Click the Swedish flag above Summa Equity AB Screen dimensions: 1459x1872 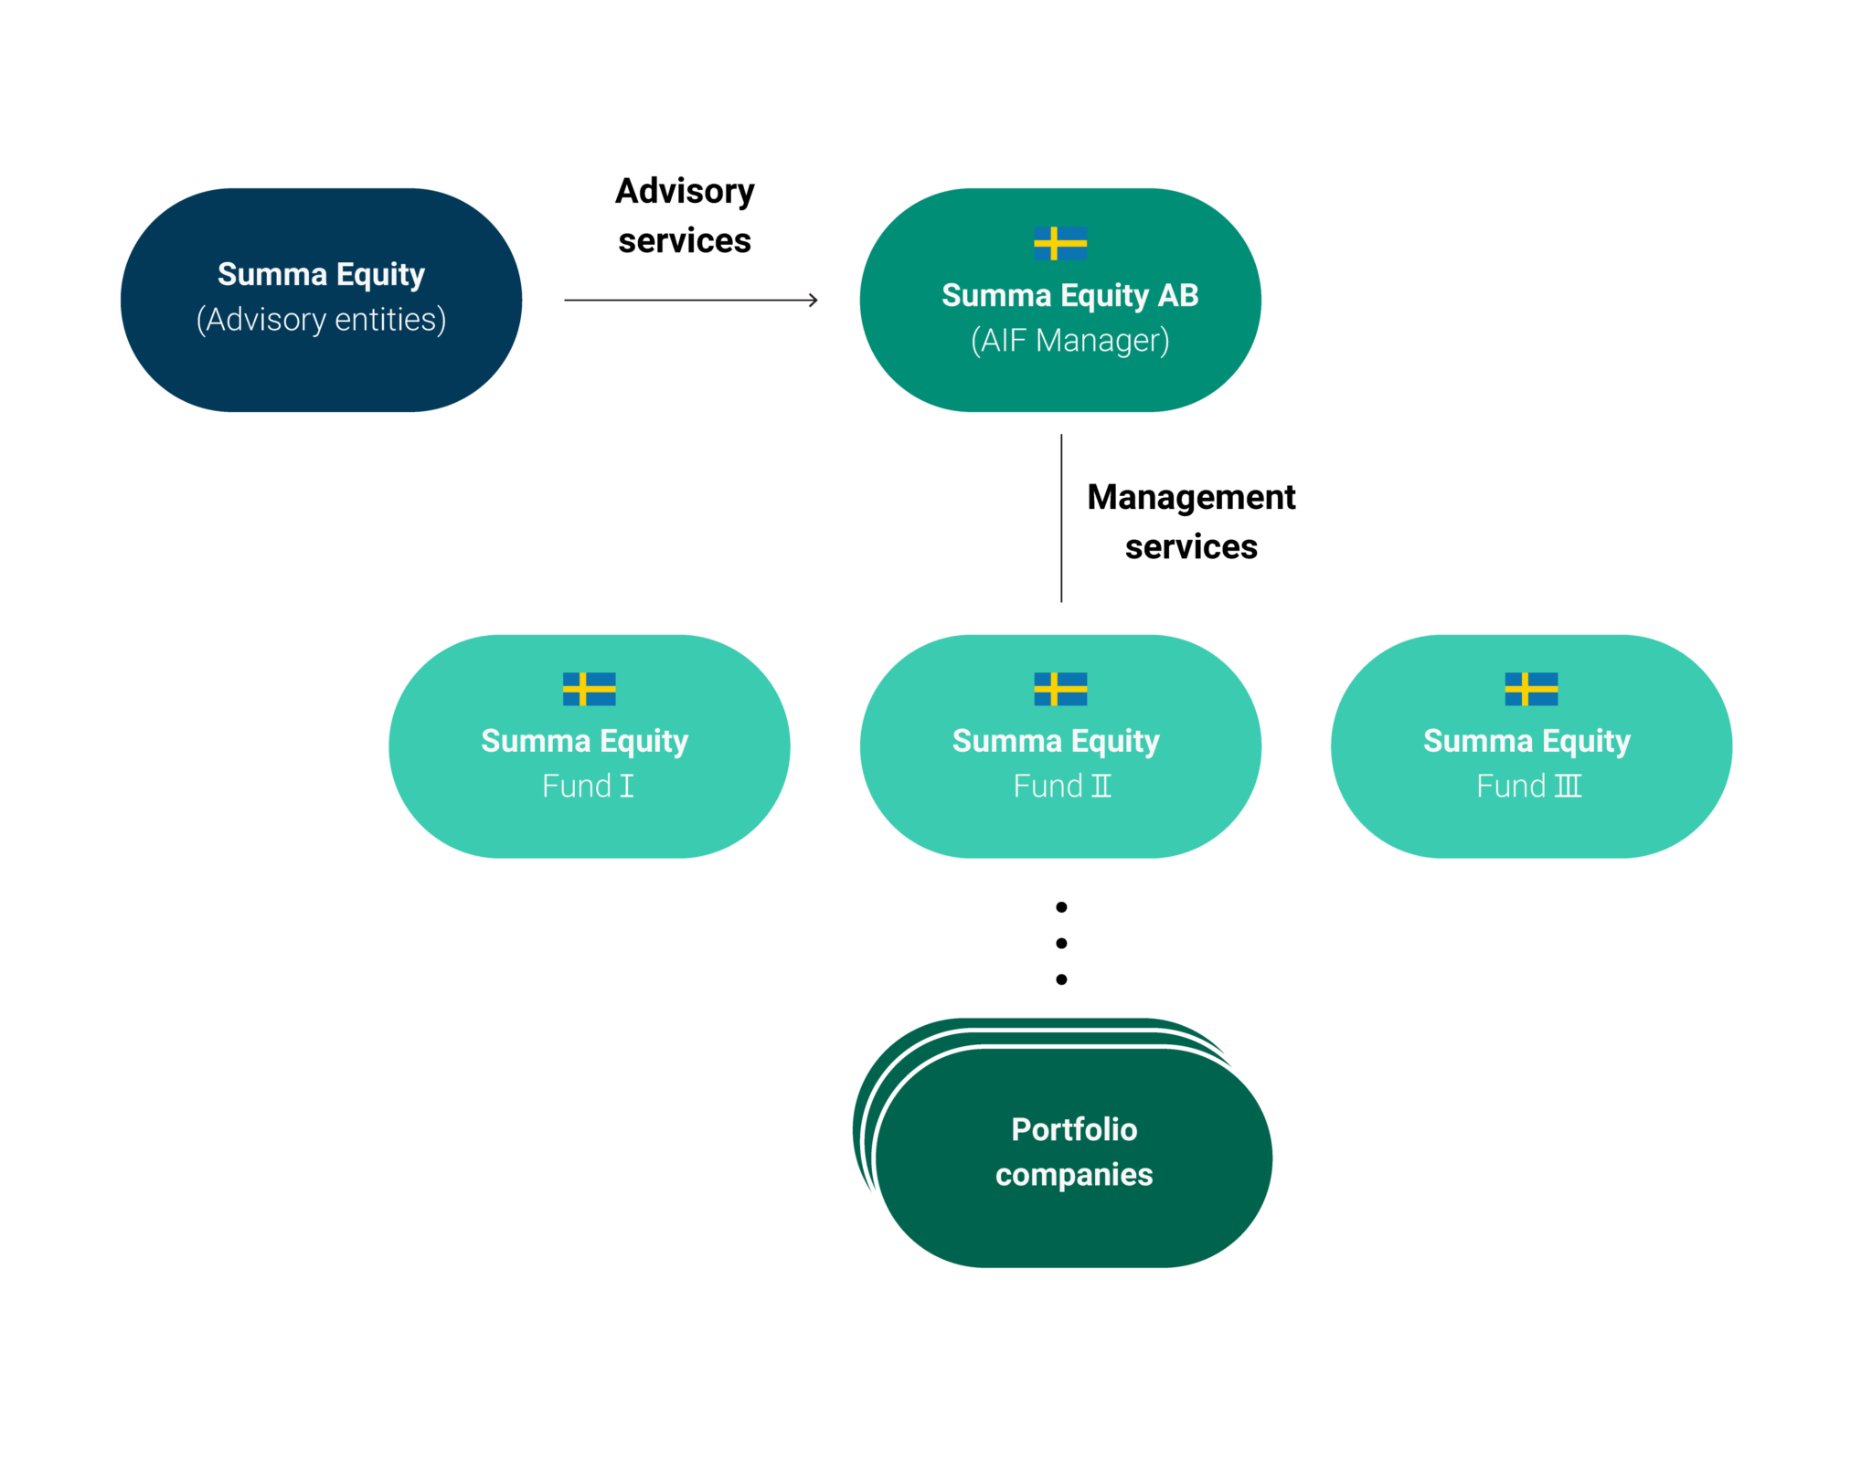coord(1060,243)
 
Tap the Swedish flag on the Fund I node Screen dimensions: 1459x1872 coord(589,689)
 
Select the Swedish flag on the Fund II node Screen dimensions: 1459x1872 coord(1060,689)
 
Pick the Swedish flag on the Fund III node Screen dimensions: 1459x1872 coord(1531,689)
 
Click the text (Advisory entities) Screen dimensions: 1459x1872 coord(321,320)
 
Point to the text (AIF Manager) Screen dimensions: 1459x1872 coord(1069,341)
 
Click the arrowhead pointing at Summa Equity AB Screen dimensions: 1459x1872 coord(814,300)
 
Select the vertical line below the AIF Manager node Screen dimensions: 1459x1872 coord(1060,517)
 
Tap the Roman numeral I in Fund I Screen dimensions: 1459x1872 coord(626,787)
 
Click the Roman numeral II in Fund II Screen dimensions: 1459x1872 coord(1101,787)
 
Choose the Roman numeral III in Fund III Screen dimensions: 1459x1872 coord(1568,787)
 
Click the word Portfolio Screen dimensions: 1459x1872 coord(1074,1130)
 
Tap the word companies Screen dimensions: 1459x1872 coord(1074,1175)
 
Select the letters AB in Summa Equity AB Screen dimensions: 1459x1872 coord(1178,296)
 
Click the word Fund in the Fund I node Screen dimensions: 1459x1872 coord(576,787)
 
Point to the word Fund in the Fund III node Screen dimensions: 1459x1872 coord(1511,787)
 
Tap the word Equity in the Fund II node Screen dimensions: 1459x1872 coord(1115,742)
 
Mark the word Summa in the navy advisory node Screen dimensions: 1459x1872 coord(271,275)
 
